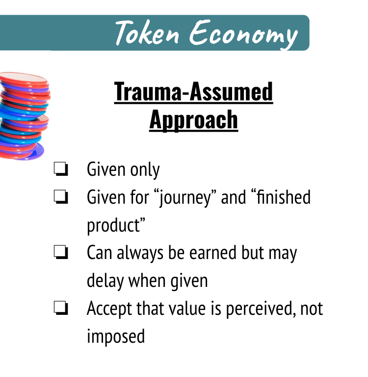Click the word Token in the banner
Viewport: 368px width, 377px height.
[147, 33]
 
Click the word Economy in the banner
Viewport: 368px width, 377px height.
[243, 35]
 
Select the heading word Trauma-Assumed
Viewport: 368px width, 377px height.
[193, 92]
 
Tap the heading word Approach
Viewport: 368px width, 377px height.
[193, 120]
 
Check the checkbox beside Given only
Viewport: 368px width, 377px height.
[61, 169]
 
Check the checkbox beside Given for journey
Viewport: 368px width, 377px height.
[61, 197]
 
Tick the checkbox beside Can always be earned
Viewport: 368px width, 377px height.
[61, 252]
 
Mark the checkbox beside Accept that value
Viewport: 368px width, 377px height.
[61, 308]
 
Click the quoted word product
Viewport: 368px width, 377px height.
[116, 226]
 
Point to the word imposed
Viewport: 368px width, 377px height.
[116, 337]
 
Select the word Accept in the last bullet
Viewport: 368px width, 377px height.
[109, 309]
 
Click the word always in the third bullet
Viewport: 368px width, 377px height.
[140, 254]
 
